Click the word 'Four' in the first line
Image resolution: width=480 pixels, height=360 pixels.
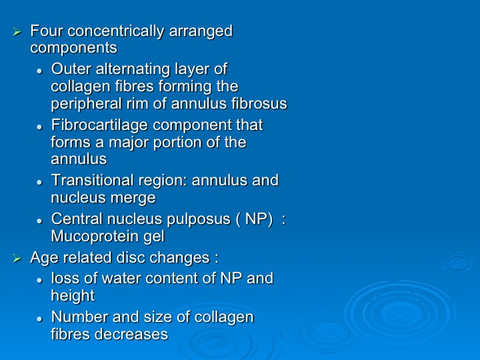(46, 31)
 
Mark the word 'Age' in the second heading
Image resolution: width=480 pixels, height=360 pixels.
(42, 259)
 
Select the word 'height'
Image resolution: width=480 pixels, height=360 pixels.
(73, 296)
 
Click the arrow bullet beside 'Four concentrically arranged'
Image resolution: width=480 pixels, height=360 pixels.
(17, 31)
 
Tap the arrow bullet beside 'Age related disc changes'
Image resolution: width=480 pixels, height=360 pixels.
(17, 259)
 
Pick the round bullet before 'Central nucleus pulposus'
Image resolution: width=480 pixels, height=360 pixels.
(39, 221)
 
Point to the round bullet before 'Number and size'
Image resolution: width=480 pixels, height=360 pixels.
(39, 319)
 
